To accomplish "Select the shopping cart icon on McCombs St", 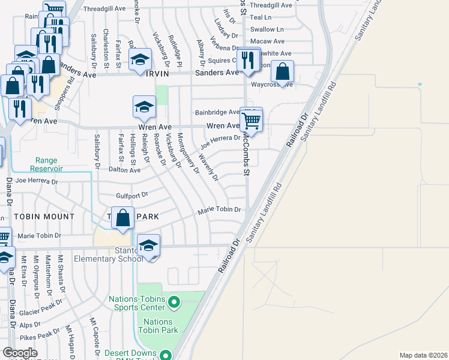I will click(252, 120).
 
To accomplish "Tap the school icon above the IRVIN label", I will click(140, 61).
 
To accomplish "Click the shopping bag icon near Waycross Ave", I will click(282, 73).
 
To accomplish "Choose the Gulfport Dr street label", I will click(131, 196).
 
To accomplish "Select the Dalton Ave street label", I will click(124, 170).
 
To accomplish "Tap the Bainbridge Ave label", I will click(217, 112).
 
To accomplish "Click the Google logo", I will click(20, 352).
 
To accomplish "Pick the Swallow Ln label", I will click(267, 29).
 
